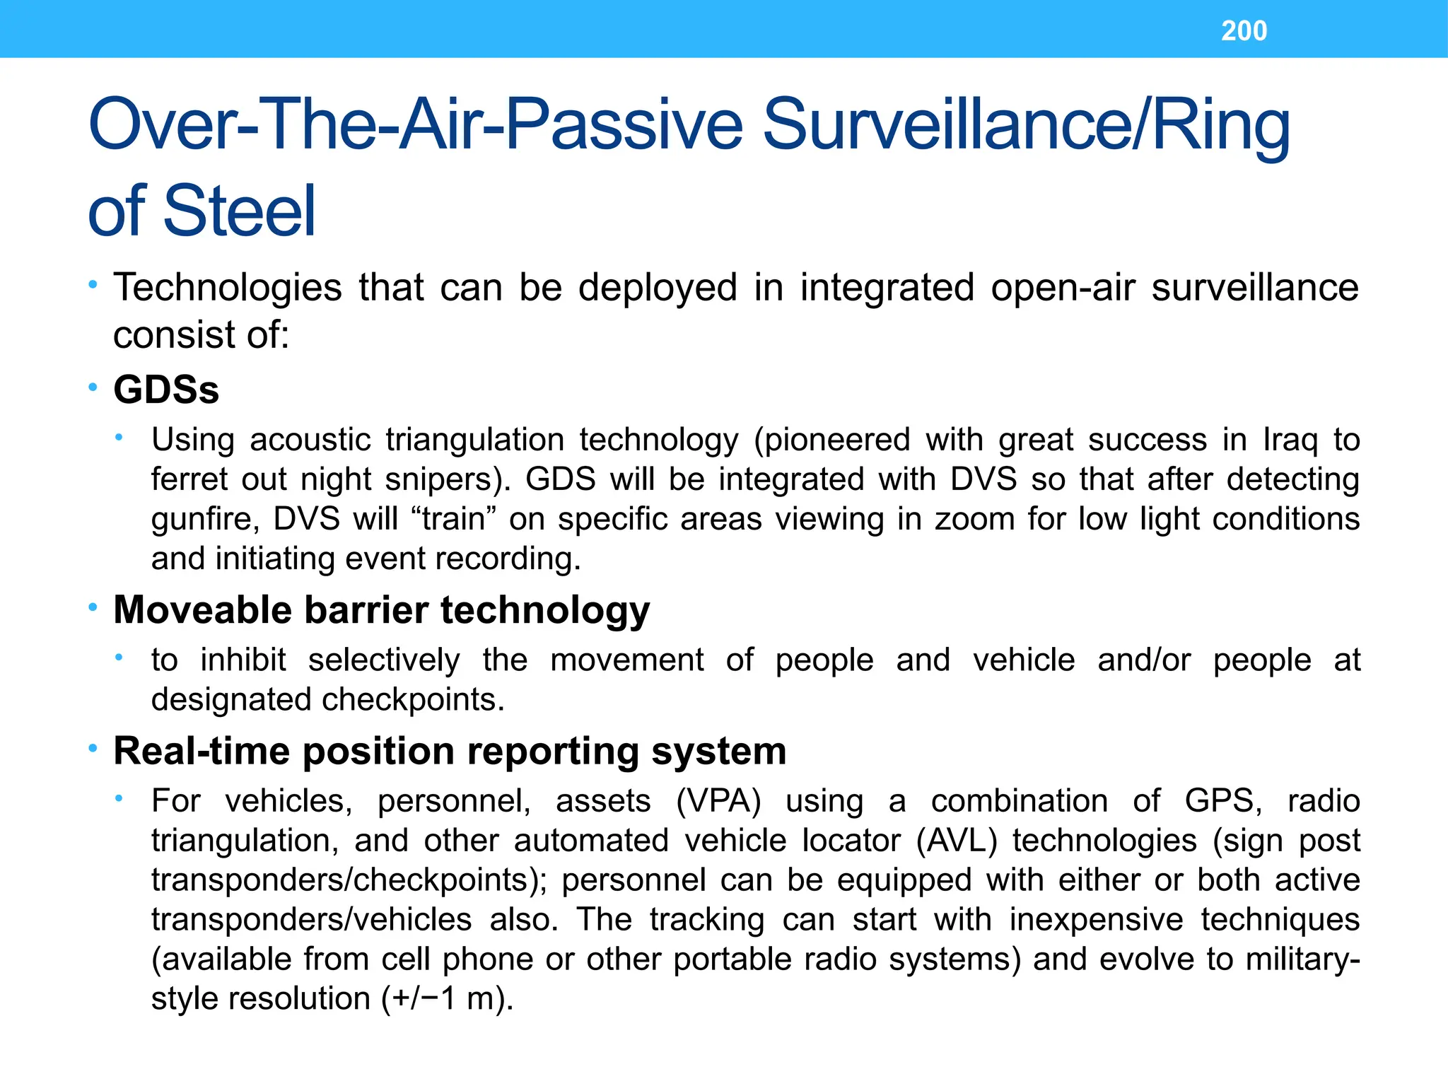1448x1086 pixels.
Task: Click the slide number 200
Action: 1244,31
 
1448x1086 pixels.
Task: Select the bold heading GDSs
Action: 166,390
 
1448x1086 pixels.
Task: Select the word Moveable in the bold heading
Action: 202,609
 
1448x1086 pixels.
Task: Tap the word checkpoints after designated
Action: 413,700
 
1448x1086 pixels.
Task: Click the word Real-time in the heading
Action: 202,751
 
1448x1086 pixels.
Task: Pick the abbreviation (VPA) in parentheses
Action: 718,801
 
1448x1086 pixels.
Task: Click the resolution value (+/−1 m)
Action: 447,999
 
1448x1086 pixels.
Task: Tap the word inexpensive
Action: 1096,920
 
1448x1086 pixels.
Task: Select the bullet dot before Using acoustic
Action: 119,438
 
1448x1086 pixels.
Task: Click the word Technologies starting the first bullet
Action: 228,288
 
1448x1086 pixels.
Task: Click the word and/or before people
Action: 1144,660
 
